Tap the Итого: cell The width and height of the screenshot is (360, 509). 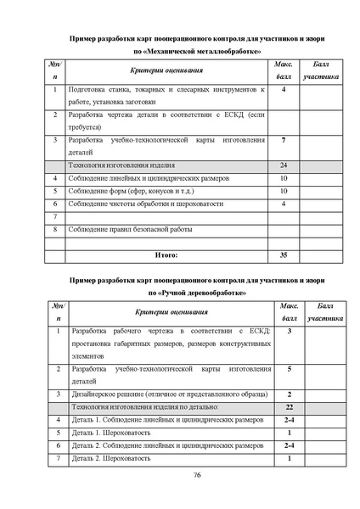(166, 254)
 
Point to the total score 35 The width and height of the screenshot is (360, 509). (284, 254)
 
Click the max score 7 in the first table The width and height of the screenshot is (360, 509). (284, 138)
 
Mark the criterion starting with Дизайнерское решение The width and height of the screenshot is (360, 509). (162, 394)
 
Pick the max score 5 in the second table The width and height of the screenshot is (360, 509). (289, 370)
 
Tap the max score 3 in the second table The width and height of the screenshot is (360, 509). (289, 330)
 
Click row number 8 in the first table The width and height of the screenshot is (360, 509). (55, 229)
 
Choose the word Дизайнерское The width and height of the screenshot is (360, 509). (100, 394)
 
